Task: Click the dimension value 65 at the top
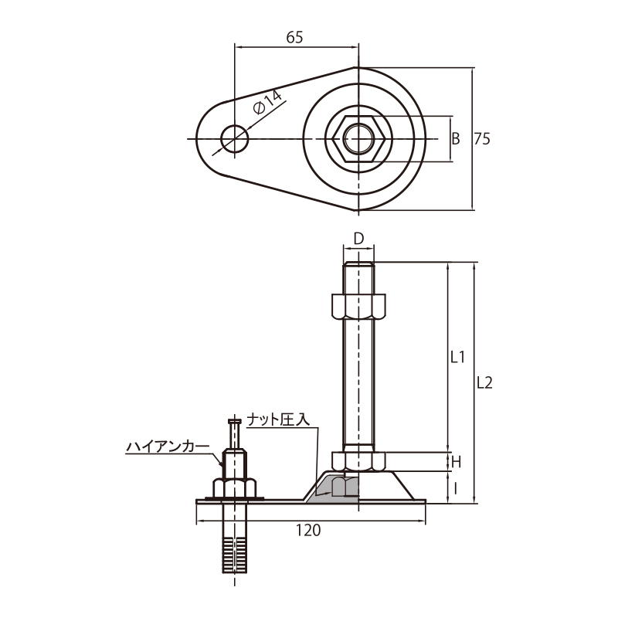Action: pyautogui.click(x=294, y=37)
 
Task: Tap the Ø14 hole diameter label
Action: pyautogui.click(x=268, y=102)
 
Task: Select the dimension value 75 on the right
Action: pyautogui.click(x=482, y=139)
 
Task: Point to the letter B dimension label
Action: pyautogui.click(x=456, y=139)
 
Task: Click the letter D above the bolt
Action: pyautogui.click(x=358, y=239)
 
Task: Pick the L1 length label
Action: pyautogui.click(x=457, y=357)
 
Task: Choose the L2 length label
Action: pyautogui.click(x=484, y=382)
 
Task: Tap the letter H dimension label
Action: pyautogui.click(x=456, y=462)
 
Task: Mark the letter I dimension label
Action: pyautogui.click(x=456, y=489)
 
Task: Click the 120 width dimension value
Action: pyautogui.click(x=308, y=531)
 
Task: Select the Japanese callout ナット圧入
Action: pyautogui.click(x=278, y=420)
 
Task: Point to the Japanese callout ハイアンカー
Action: pyautogui.click(x=168, y=447)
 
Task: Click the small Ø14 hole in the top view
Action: pyautogui.click(x=235, y=139)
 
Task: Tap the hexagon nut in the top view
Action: pyautogui.click(x=358, y=139)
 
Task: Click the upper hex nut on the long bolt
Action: pyautogui.click(x=358, y=306)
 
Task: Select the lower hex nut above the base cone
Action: pyautogui.click(x=358, y=461)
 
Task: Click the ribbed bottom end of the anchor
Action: pyautogui.click(x=235, y=555)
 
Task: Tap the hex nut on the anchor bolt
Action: pyautogui.click(x=235, y=488)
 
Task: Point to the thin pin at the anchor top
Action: pyautogui.click(x=235, y=434)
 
